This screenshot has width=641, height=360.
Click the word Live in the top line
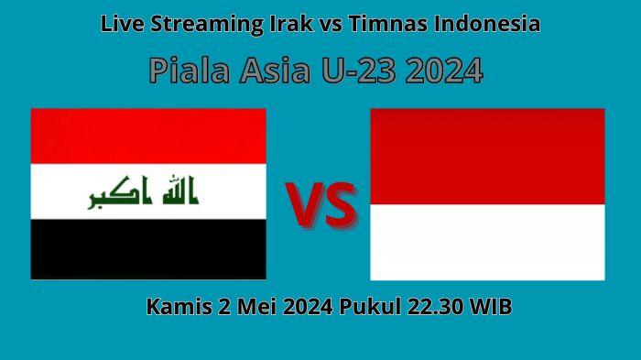[x=118, y=25]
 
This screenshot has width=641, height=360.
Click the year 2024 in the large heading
[x=443, y=70]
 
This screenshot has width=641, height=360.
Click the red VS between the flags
[x=320, y=204]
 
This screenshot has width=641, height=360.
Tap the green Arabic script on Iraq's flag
[x=144, y=193]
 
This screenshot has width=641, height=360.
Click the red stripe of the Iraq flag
[x=148, y=136]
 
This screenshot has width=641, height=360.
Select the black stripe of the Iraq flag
[x=148, y=249]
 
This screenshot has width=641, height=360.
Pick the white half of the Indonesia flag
[x=487, y=242]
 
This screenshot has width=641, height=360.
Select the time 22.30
[x=434, y=308]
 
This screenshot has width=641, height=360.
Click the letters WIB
[x=491, y=308]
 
